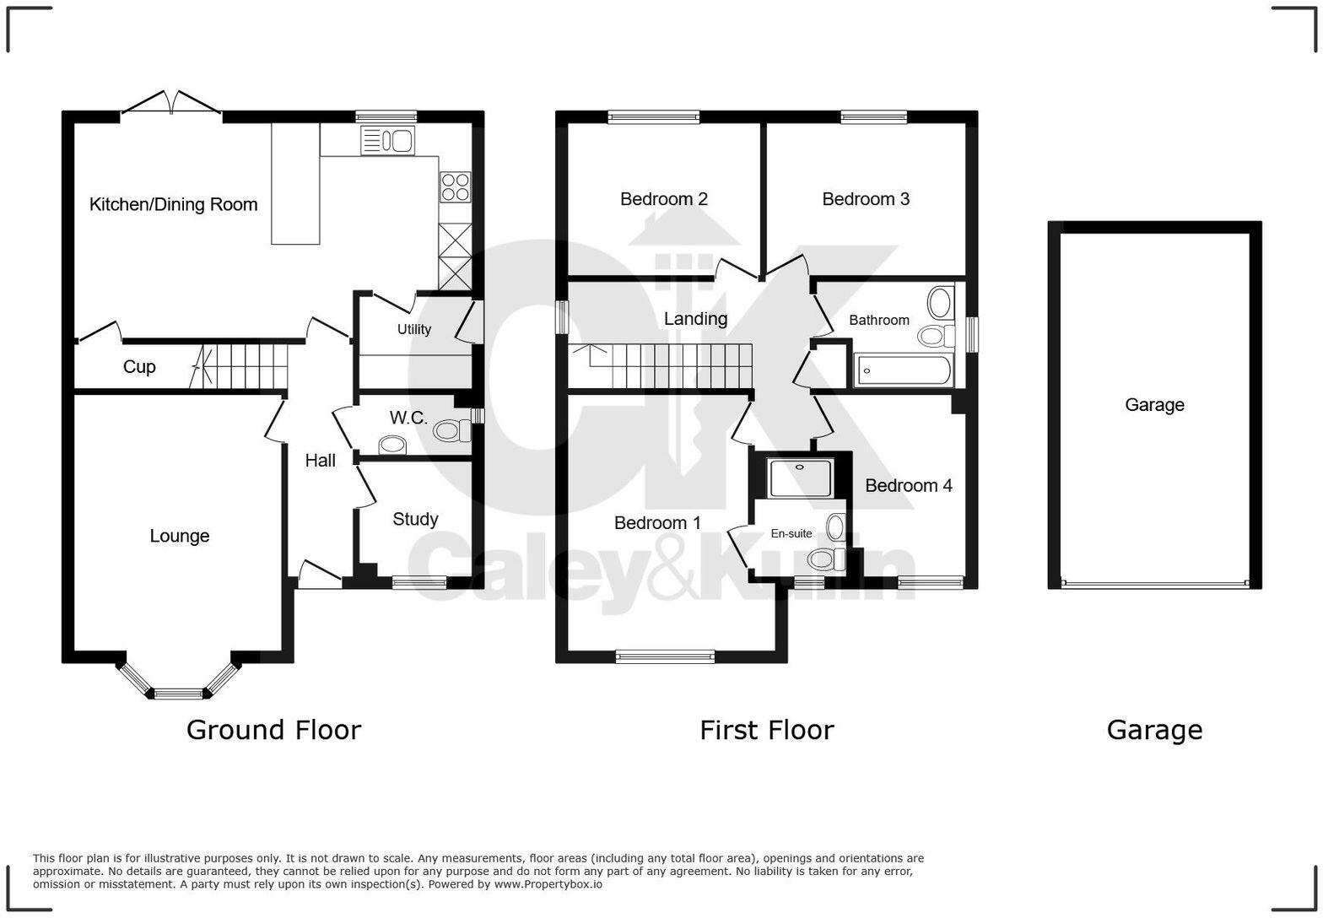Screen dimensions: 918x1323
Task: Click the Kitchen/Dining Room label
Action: point(173,204)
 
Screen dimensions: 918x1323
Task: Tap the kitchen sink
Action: point(387,141)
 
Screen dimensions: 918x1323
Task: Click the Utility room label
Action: point(414,329)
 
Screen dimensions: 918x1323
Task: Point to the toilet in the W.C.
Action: point(451,431)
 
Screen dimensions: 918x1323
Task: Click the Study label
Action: point(415,519)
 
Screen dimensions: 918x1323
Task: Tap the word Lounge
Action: point(179,536)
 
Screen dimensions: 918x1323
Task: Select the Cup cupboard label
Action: point(139,367)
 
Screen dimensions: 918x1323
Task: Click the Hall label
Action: point(320,461)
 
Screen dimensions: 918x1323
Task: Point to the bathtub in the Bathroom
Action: point(904,370)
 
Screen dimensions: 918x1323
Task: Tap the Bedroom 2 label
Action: point(663,199)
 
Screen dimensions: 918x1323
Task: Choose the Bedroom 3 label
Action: point(866,199)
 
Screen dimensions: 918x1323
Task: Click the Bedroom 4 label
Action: point(908,486)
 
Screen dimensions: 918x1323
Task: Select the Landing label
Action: point(695,319)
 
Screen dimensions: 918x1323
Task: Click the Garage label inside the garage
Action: point(1154,405)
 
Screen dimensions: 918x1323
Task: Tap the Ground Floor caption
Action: point(273,730)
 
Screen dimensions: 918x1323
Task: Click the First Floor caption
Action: point(766,730)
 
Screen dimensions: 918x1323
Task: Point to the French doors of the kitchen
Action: point(172,104)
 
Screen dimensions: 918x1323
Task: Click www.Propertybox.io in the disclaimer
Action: point(548,884)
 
